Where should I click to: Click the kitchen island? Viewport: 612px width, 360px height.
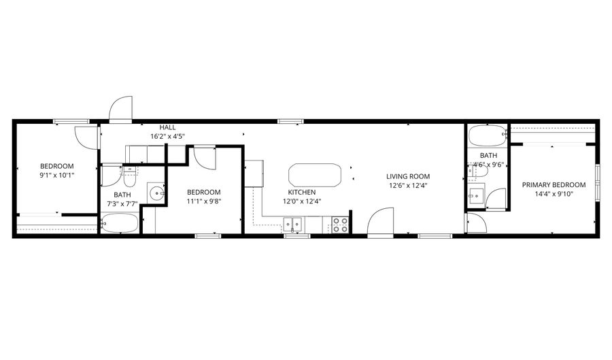314,175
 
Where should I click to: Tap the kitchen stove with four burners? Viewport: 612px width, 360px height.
341,225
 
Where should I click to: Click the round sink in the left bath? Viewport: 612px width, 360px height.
157,193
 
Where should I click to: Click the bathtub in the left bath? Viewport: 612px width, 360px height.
119,224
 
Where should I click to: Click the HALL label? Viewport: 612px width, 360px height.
167,127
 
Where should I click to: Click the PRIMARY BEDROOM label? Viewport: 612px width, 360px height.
554,184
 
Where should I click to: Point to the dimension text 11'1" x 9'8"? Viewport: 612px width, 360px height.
204,201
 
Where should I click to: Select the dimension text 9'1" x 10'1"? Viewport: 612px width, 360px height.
56,175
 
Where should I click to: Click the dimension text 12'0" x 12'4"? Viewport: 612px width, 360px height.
301,201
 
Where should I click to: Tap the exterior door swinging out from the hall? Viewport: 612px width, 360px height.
120,109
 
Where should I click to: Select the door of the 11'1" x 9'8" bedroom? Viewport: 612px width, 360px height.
204,157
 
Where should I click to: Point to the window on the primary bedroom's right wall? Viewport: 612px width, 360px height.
597,183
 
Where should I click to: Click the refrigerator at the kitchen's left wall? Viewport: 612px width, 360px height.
254,173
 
